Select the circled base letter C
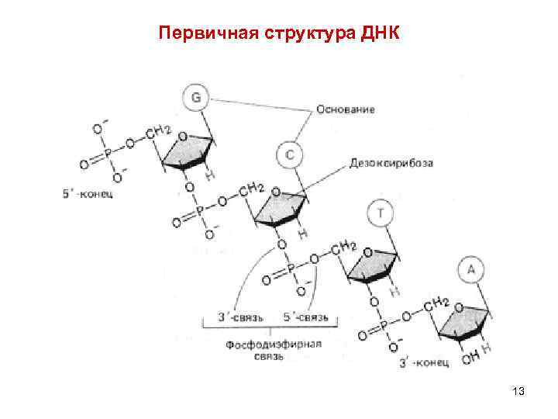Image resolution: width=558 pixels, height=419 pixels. (288, 155)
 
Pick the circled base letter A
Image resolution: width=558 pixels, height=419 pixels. (473, 271)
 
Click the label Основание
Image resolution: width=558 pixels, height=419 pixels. (346, 109)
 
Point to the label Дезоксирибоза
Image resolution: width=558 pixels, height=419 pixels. (391, 164)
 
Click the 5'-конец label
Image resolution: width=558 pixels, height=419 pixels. (88, 194)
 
